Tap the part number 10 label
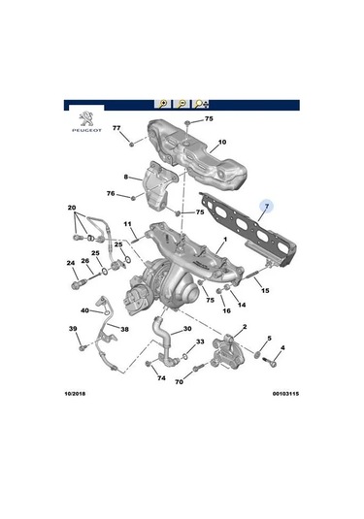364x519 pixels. (x=221, y=144)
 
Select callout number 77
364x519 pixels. (x=116, y=129)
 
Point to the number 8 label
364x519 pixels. (x=126, y=177)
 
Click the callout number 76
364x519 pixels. (x=111, y=194)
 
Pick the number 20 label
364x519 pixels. (x=72, y=209)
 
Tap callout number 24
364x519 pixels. (x=70, y=263)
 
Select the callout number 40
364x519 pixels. (x=84, y=311)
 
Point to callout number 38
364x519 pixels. (x=123, y=330)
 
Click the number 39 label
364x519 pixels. (x=72, y=330)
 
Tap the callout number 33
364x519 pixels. (x=198, y=342)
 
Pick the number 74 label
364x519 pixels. (x=161, y=378)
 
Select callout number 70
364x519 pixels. (x=179, y=382)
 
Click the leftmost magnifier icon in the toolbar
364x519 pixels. (x=162, y=102)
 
